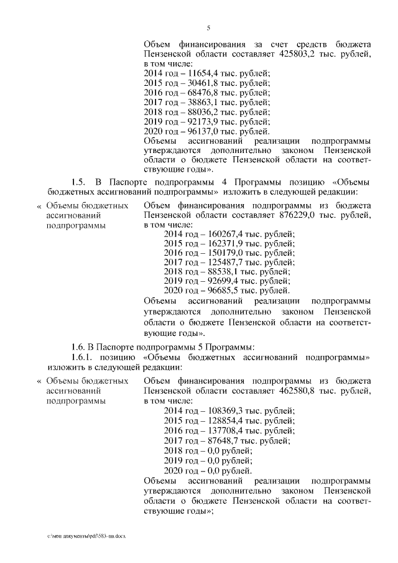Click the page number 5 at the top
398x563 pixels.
(208, 27)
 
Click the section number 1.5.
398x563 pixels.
(78, 182)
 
